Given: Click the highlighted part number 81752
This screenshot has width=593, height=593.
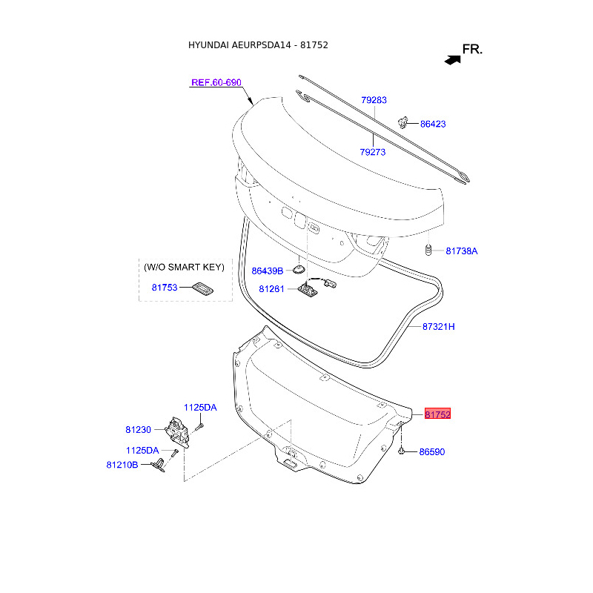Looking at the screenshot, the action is [437, 414].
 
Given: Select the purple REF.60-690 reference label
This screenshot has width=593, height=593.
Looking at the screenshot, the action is [216, 82].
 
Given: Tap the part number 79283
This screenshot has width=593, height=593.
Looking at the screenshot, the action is [374, 100].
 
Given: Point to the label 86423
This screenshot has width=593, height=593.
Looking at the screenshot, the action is [433, 124].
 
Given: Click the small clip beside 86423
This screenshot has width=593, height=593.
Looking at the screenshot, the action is [403, 122].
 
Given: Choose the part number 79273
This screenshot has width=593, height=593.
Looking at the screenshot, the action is [373, 152].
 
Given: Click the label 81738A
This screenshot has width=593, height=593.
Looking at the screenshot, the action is [461, 251].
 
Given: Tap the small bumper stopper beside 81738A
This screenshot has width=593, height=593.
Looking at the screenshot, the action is [428, 250].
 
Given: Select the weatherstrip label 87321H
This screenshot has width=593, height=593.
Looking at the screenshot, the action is [438, 326].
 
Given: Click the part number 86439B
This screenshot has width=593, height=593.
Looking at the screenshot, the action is [268, 271].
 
